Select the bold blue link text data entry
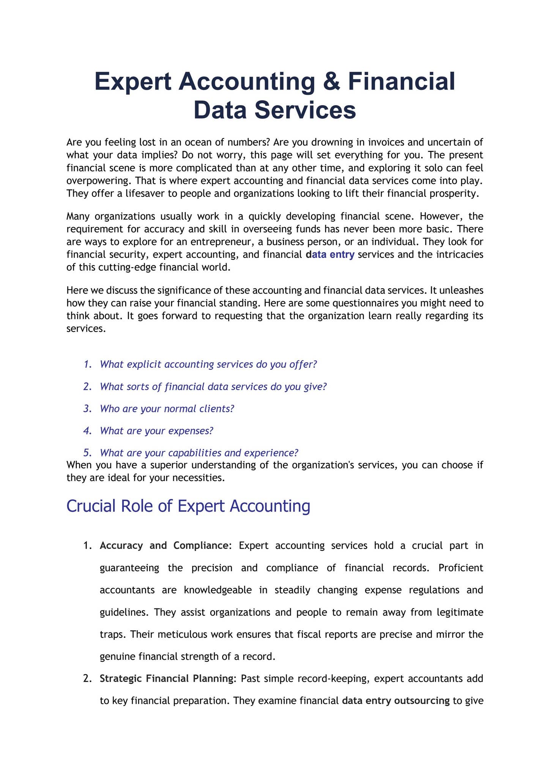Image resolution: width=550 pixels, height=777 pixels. click(x=330, y=254)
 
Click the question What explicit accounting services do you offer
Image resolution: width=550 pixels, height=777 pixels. click(x=208, y=364)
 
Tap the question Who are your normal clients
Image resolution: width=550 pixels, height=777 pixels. click(x=167, y=409)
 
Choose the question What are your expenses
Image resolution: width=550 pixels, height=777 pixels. click(x=156, y=431)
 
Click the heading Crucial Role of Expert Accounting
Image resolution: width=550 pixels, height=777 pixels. click(x=188, y=506)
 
